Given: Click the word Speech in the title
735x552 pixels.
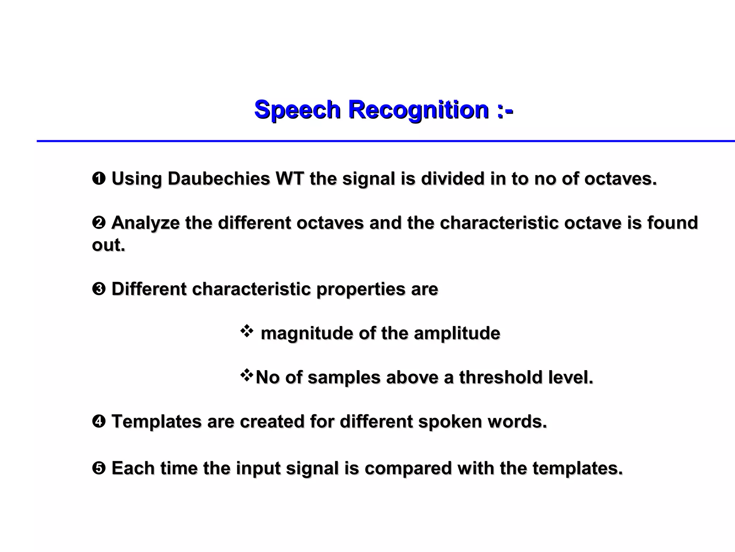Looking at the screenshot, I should click(297, 110).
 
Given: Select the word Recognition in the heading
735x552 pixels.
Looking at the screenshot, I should click(418, 110).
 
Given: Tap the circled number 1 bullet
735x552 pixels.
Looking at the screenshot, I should click(99, 179).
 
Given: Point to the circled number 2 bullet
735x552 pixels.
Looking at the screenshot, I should click(99, 223).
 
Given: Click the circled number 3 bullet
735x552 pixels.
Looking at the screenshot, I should click(99, 289).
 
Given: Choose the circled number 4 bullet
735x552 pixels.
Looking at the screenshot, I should click(99, 421).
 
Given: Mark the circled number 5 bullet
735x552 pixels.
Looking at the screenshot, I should click(99, 468).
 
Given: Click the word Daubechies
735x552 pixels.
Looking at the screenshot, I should click(219, 179).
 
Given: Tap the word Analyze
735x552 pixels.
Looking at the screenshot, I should click(145, 223).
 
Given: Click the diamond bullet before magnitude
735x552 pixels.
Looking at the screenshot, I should click(247, 331).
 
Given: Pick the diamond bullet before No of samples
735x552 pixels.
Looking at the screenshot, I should click(247, 376).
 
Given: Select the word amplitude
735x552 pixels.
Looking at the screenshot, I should click(457, 333).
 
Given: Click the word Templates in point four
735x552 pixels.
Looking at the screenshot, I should click(156, 421).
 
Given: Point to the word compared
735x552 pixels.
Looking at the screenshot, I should click(408, 468).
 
